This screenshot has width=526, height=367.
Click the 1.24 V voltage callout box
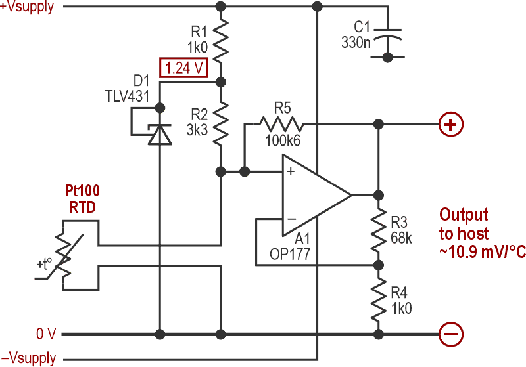pos(183,67)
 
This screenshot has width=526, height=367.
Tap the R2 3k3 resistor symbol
pos(221,122)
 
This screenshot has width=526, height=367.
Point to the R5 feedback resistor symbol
pos(281,123)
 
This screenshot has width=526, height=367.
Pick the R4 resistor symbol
pos(378,299)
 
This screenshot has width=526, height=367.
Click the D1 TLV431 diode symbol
pos(158,133)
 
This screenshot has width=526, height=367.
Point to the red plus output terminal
pos(450,123)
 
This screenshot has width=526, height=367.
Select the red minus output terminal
pos(450,334)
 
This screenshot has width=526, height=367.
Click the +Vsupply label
pos(28,8)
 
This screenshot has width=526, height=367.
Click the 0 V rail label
pos(47,334)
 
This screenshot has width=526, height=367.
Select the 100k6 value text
pos(282,140)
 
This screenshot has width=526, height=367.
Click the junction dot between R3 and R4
pos(378,265)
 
